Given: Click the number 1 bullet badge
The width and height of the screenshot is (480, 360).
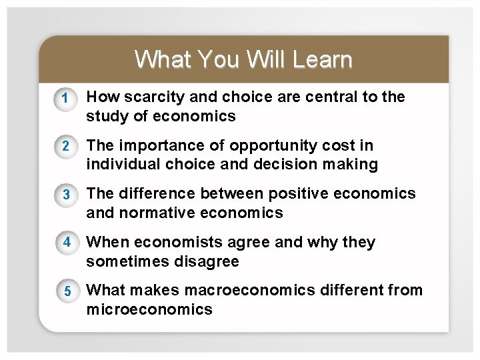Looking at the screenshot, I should (65, 99).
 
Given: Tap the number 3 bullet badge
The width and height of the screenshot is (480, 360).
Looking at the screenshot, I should (65, 195).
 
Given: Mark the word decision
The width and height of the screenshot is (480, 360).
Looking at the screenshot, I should (291, 165).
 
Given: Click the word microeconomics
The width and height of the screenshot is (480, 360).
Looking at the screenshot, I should (149, 310).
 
